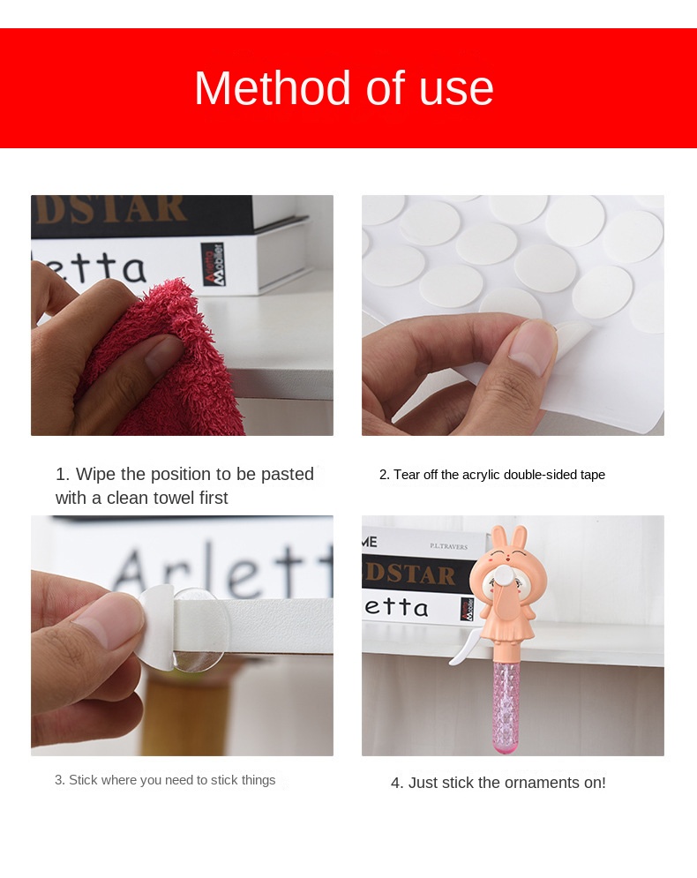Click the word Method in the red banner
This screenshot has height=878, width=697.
coord(259,88)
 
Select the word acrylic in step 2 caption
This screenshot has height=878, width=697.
coord(484,475)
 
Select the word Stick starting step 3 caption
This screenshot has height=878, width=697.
coord(83,780)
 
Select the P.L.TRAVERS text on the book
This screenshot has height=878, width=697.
coord(448,547)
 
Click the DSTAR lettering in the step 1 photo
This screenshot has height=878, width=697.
coord(110,209)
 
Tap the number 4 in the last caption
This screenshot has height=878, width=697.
coord(396,783)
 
